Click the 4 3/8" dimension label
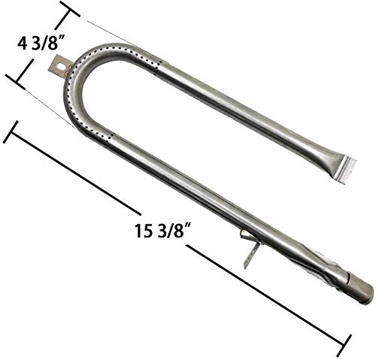pos(32,44)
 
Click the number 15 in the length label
pos(140,226)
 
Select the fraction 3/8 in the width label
pos(36,44)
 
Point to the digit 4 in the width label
pos(13,44)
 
